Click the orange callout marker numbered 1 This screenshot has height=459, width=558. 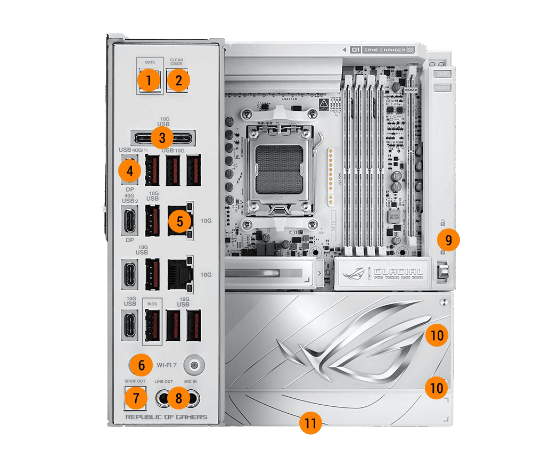149,81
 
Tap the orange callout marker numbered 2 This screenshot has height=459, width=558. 178,81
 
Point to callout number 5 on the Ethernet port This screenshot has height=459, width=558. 179,220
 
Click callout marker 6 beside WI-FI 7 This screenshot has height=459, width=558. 142,365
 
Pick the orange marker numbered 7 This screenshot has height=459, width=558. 136,398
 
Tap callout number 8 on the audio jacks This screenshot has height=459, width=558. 178,398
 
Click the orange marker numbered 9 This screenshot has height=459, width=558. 448,240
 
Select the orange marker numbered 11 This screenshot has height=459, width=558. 310,423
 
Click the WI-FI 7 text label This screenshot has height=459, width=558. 167,365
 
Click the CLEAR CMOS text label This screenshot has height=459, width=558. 176,62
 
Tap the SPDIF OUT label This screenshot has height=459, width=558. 135,381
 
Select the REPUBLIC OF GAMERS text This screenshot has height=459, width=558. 166,416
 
